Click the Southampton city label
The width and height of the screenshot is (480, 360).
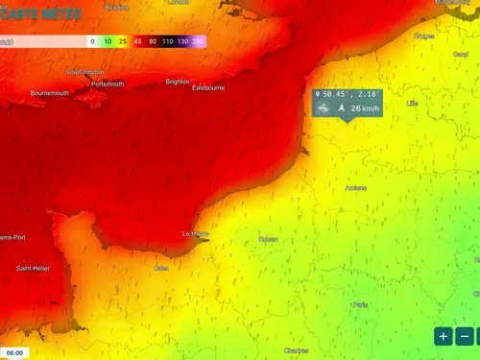coord(85,72)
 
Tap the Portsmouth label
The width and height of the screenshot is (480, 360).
coord(108,84)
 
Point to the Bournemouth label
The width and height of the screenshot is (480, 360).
coord(50,93)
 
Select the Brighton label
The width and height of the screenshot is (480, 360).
coord(178,82)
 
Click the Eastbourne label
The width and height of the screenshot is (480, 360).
coord(208,87)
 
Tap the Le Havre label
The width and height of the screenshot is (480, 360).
coord(195,233)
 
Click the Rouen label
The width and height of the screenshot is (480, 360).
coord(268,239)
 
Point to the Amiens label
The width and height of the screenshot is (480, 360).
coord(355,188)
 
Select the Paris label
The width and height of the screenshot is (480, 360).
coord(360,304)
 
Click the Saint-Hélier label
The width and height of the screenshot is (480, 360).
coord(33,268)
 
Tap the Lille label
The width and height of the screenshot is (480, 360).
coord(413,102)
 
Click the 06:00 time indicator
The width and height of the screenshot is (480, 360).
coord(14,352)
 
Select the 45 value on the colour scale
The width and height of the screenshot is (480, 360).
coord(139,42)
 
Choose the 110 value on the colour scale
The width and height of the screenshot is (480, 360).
coord(168,42)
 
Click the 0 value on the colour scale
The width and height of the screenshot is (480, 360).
coord(92,42)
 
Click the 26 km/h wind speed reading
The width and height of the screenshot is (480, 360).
coord(364,108)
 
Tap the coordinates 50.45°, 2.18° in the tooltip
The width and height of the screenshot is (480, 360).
coord(351,95)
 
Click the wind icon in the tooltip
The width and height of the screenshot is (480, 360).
coord(323,108)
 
